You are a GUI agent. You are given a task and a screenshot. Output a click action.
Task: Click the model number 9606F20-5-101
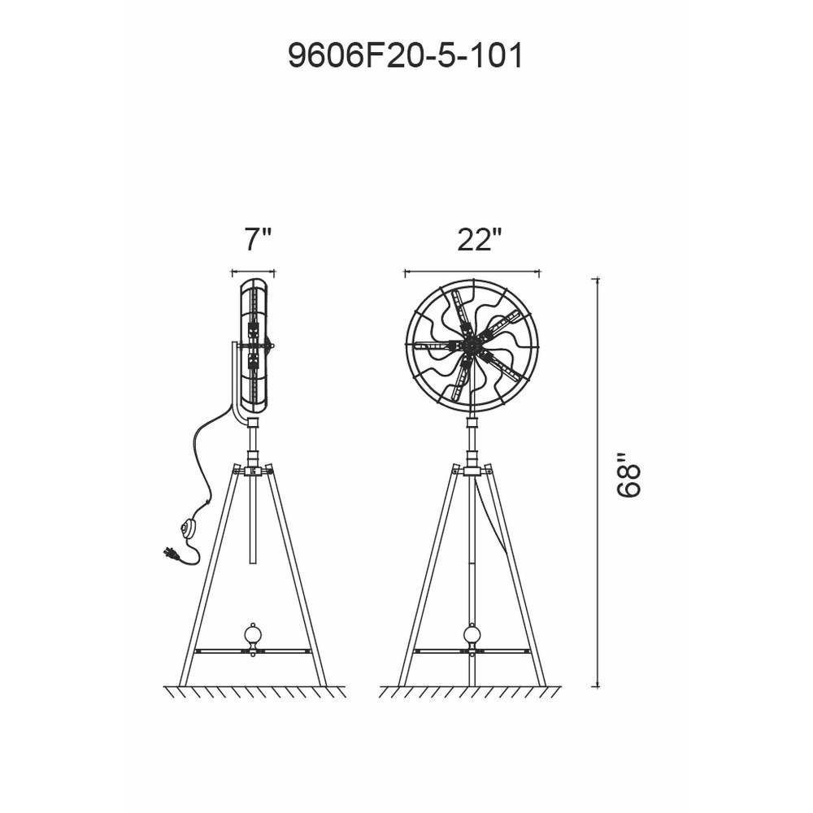tap(405, 56)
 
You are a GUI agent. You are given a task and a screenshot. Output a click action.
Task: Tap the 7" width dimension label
tap(258, 239)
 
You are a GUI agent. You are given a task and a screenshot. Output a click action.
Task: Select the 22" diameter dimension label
tap(480, 239)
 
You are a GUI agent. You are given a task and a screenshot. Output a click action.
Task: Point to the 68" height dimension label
tap(628, 476)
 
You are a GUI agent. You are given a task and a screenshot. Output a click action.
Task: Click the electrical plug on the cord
tap(172, 553)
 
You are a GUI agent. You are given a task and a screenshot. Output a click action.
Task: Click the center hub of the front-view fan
tap(472, 344)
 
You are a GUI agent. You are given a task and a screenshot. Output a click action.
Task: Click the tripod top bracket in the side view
tap(253, 471)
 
